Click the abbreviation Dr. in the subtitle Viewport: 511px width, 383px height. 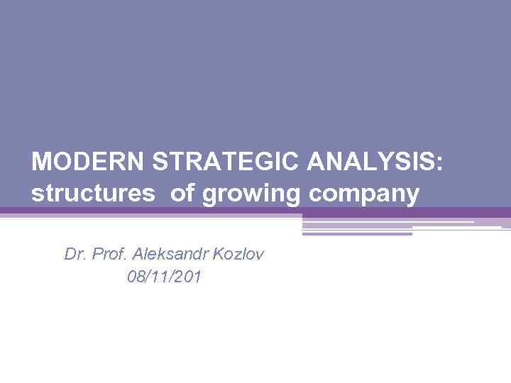(x=74, y=254)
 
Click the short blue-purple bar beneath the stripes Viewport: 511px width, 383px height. (x=357, y=233)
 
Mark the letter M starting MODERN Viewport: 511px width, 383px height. (x=41, y=162)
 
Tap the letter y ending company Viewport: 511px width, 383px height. (x=412, y=196)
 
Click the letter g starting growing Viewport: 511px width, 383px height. (x=210, y=196)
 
